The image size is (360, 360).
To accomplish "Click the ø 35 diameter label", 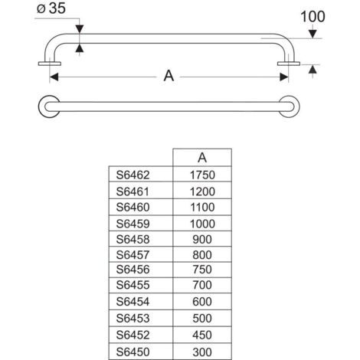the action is [51, 8].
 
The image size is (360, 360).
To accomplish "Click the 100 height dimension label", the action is [313, 17].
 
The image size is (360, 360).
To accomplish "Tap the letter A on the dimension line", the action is [169, 76].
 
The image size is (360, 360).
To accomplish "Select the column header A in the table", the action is [202, 158].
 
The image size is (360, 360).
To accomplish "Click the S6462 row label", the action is [133, 175].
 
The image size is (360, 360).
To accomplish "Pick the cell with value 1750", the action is [202, 175].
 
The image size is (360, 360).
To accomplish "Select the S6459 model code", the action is [133, 224].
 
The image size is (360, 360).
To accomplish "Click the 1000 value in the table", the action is [202, 224].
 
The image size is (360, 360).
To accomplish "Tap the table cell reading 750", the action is [202, 270].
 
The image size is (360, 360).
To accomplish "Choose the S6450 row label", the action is [133, 352].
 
